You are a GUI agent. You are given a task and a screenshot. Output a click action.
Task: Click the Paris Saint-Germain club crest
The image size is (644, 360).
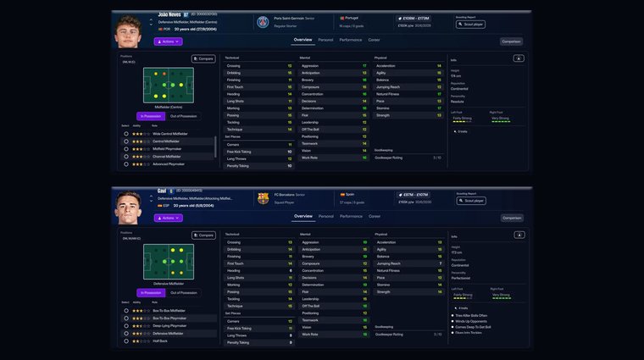tap(263, 21)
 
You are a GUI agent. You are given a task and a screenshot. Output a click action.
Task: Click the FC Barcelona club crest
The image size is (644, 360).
tap(263, 198)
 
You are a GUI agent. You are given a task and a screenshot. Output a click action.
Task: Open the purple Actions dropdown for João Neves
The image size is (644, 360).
tap(168, 41)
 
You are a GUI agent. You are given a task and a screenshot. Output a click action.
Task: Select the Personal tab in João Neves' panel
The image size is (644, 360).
tap(325, 39)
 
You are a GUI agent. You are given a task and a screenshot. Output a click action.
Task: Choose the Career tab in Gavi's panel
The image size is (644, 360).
tap(374, 216)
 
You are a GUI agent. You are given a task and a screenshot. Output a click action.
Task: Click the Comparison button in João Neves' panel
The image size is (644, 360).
tap(511, 41)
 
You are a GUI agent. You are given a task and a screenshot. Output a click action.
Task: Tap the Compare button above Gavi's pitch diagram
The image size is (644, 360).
tap(203, 235)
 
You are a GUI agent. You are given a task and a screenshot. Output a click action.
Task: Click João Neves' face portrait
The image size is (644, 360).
tap(129, 32)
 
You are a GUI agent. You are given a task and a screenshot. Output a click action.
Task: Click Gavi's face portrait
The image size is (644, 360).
tap(129, 208)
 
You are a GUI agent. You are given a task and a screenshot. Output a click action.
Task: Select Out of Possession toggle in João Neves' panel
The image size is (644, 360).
tap(183, 116)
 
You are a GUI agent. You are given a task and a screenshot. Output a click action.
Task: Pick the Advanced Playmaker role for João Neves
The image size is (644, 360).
tap(169, 163)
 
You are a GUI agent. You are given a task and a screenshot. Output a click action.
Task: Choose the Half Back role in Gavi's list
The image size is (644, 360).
tap(161, 341)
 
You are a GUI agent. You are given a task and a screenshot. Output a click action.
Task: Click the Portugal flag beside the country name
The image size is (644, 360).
tap(342, 18)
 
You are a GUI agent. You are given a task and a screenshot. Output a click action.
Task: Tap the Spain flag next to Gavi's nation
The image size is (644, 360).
tap(342, 194)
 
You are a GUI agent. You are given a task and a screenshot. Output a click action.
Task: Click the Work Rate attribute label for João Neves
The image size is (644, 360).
tap(309, 157)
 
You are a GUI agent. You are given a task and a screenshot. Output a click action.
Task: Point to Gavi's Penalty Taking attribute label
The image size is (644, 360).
tap(238, 342)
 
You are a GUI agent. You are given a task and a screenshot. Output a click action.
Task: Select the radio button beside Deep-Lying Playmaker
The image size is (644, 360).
tap(126, 325)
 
